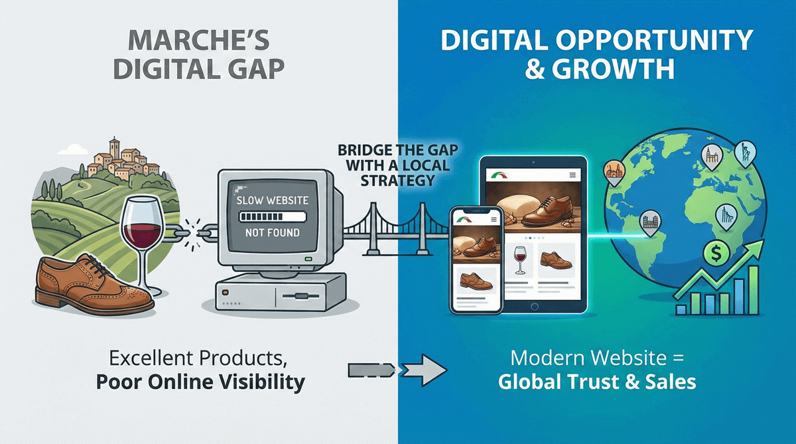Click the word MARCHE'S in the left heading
(x=198, y=40)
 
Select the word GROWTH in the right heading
(x=613, y=68)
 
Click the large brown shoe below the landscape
(x=94, y=284)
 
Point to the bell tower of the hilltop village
(x=114, y=148)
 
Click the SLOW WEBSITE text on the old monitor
(x=273, y=200)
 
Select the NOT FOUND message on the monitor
(x=273, y=233)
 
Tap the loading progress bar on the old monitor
(x=273, y=216)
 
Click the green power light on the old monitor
(x=308, y=259)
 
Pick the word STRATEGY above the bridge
(x=397, y=181)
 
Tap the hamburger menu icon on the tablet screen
(x=572, y=175)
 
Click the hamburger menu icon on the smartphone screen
(x=494, y=220)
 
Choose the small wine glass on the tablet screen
(x=520, y=260)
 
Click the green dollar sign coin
(x=716, y=253)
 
